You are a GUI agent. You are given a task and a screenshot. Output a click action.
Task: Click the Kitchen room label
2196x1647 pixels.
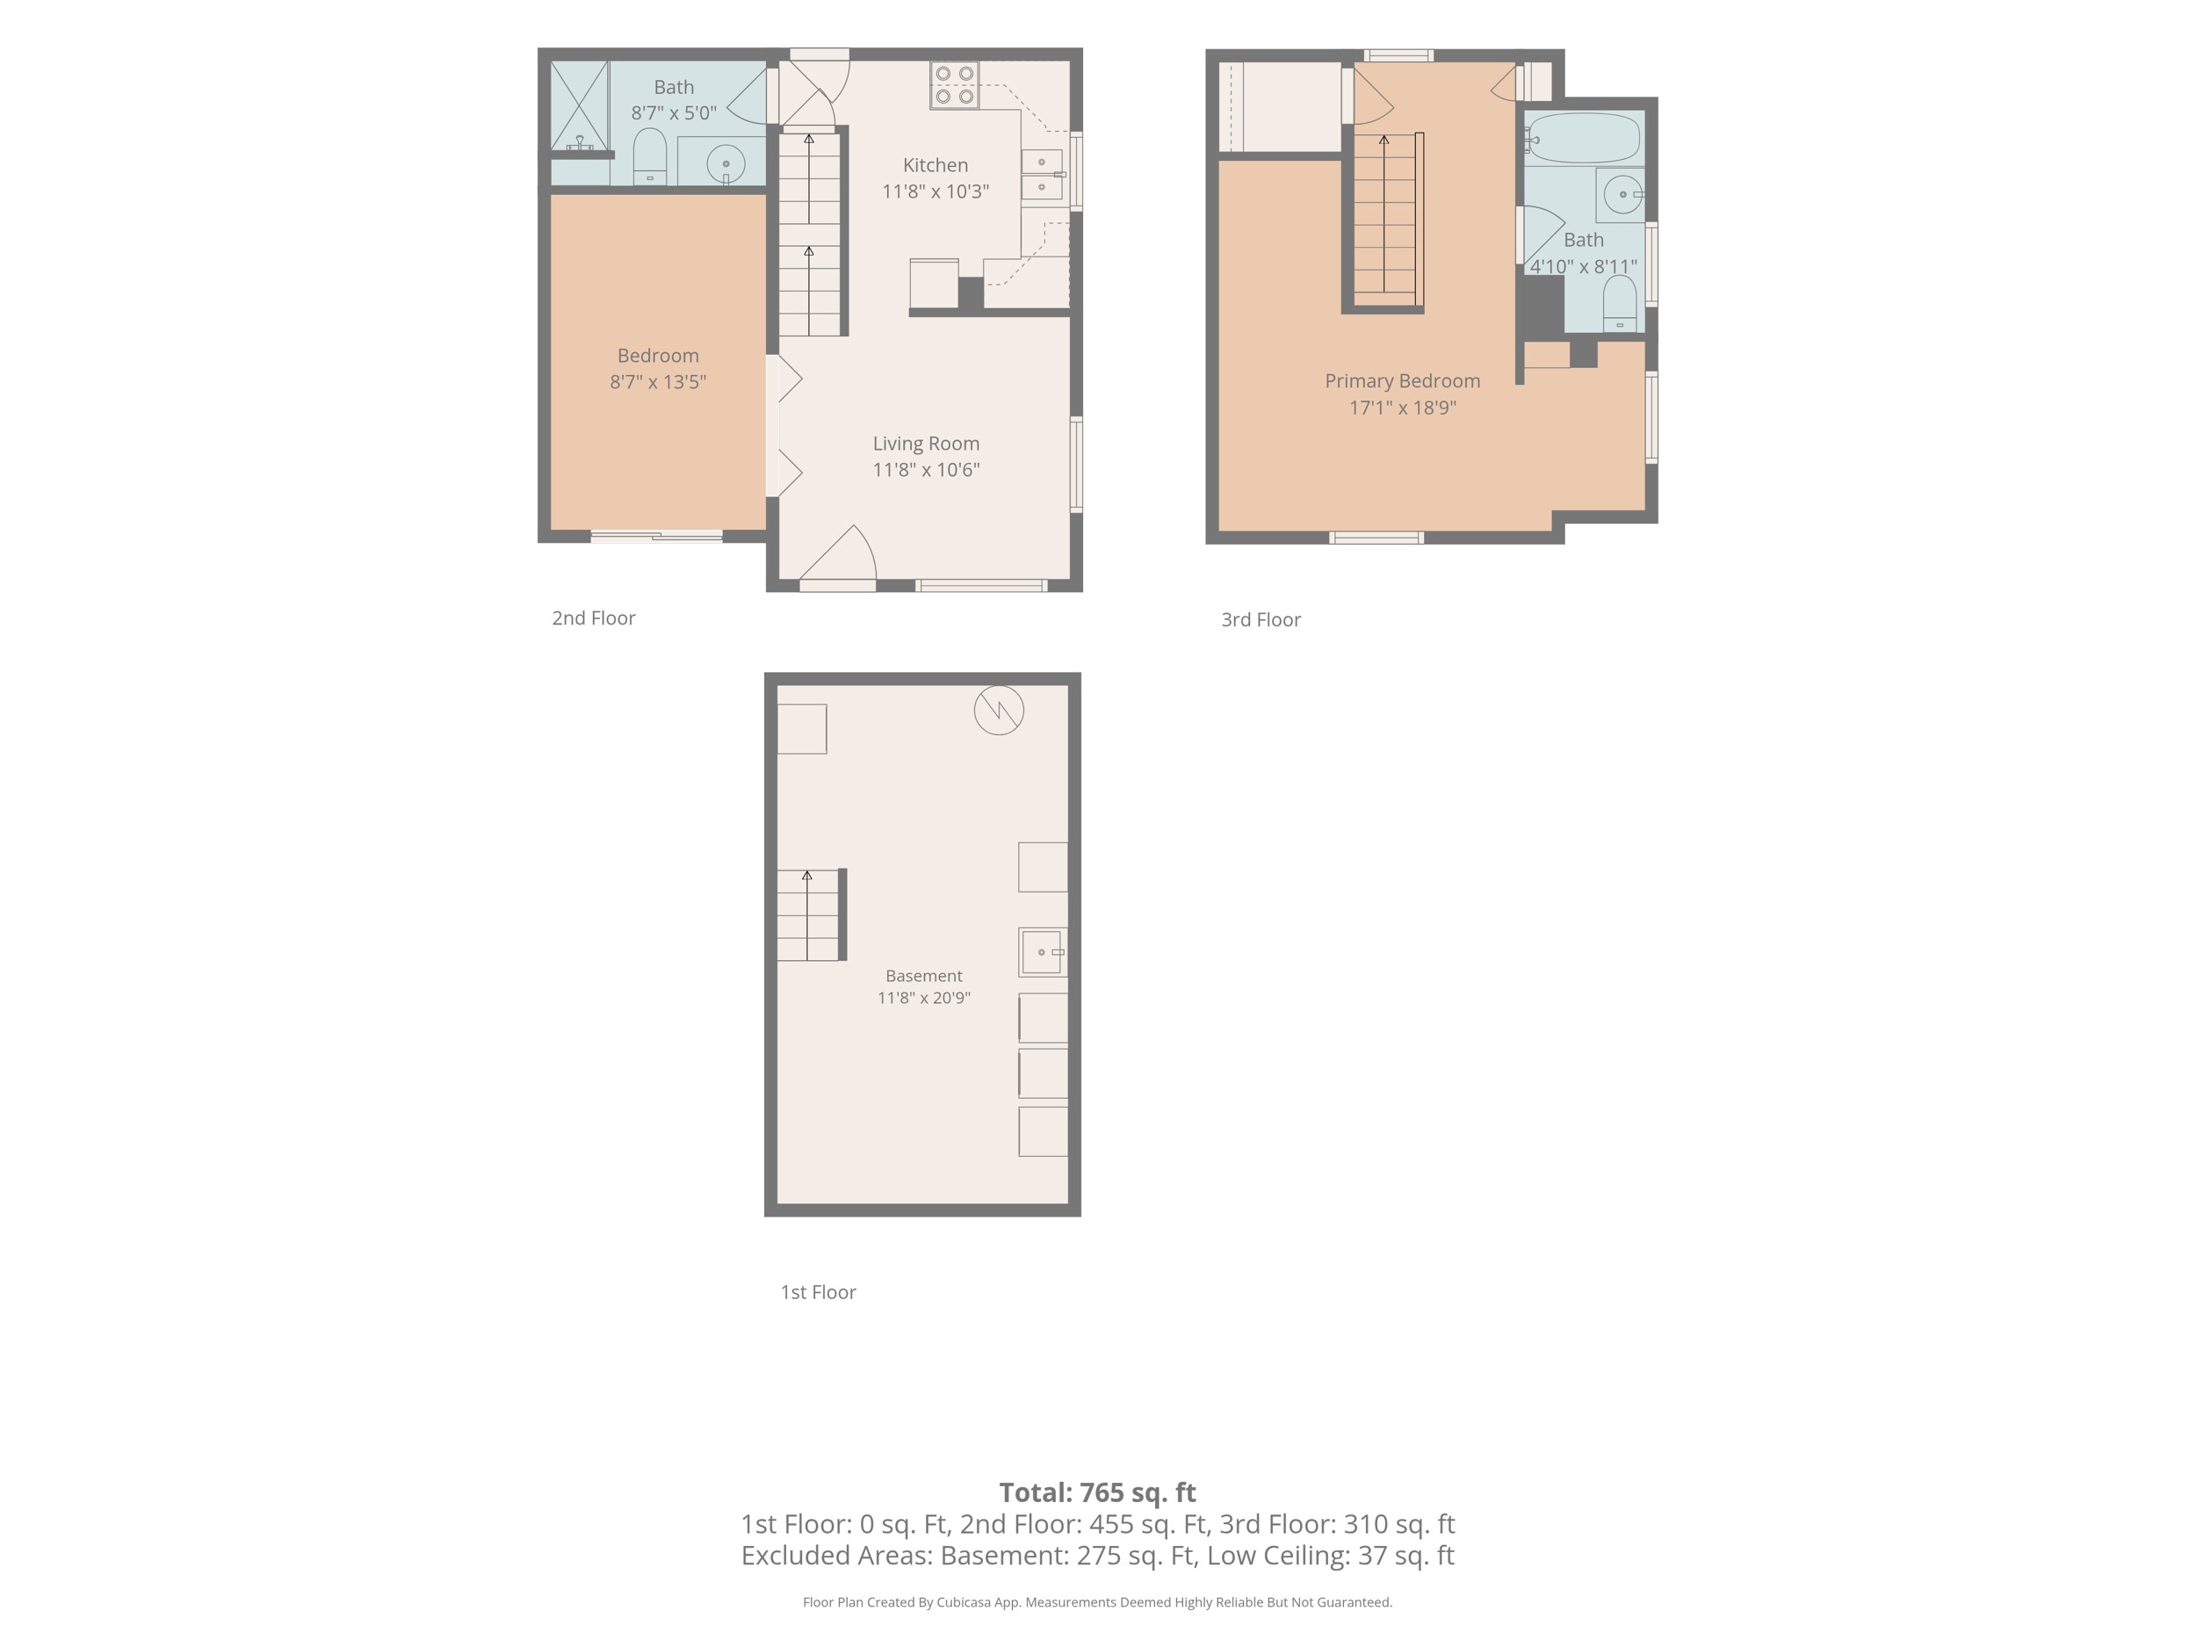(935, 166)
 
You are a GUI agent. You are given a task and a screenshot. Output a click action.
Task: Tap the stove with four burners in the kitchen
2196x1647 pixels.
(954, 85)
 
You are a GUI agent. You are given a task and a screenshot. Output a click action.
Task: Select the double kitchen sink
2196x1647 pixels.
(1043, 175)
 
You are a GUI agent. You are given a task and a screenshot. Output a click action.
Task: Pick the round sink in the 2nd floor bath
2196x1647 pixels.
(726, 163)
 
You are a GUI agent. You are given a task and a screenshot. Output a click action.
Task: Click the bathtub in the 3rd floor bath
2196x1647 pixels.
(1584, 137)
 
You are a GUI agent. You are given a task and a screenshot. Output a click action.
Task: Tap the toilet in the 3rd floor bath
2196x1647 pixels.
(1619, 303)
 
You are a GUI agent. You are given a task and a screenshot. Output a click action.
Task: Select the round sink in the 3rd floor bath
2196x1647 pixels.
(1622, 195)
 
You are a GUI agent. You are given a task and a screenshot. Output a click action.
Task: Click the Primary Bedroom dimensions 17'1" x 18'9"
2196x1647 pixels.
(1402, 407)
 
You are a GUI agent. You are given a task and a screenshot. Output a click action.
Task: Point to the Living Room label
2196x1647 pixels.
(926, 444)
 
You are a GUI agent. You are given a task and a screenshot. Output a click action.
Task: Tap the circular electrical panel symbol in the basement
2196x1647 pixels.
(999, 711)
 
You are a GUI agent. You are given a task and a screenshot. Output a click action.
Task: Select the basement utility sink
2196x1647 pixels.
(1043, 952)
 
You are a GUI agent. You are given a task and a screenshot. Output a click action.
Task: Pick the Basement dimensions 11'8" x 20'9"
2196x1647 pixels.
(923, 998)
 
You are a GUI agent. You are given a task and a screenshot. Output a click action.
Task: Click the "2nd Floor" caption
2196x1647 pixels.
(594, 618)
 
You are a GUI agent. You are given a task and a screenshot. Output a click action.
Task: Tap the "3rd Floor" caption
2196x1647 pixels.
(1261, 619)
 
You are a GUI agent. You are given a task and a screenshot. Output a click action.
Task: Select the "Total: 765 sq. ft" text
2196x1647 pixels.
(1097, 1492)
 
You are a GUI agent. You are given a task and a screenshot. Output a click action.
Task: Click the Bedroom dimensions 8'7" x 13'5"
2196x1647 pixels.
(657, 381)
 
